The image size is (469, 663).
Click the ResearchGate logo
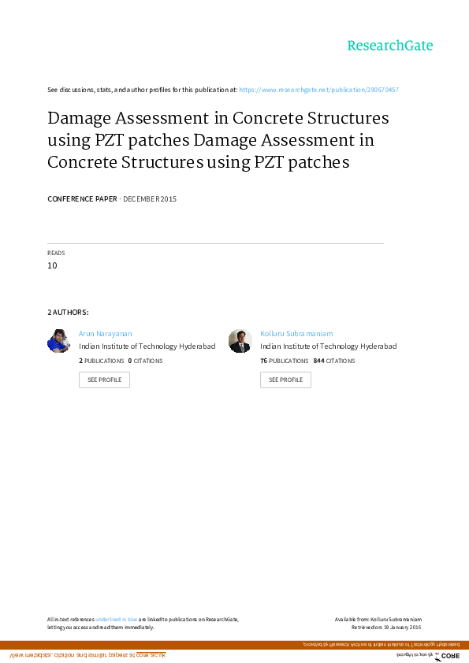point(390,46)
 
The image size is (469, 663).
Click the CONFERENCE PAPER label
point(82,199)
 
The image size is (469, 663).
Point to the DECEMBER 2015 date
point(150,199)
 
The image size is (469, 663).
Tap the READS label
point(56,253)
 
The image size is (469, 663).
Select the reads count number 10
point(52,265)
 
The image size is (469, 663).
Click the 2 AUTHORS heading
point(68,313)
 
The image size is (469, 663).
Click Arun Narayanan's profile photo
point(58,341)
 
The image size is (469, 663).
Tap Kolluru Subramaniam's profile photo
point(240,341)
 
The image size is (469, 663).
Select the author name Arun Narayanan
point(106,334)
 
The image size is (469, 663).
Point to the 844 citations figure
point(319,361)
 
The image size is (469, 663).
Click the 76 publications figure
point(264,361)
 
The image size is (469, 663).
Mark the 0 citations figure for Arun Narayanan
point(130,361)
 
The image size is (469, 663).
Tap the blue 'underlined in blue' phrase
point(117,620)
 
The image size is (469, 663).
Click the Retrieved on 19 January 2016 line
point(386,627)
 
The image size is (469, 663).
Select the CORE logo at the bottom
point(449,656)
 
